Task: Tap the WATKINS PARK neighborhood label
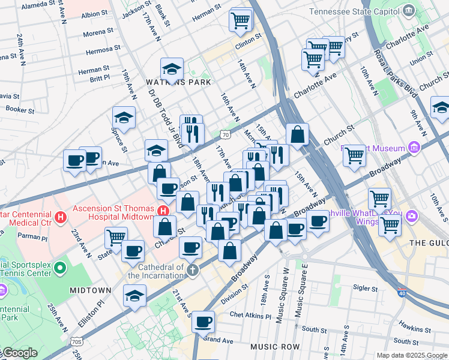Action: [x=171, y=82]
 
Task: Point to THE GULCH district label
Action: [x=428, y=242]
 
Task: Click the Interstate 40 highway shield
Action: [x=402, y=292]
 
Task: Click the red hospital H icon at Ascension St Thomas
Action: [x=163, y=211]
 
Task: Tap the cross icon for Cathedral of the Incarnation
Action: [x=191, y=269]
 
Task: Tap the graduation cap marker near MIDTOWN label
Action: [x=134, y=295]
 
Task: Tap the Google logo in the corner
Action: [x=19, y=353]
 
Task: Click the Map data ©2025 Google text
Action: [x=412, y=355]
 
